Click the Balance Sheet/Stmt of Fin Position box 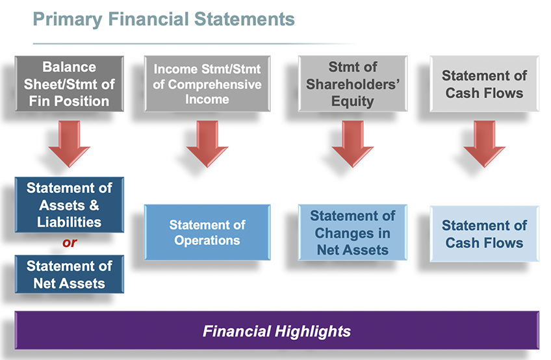pyautogui.click(x=70, y=84)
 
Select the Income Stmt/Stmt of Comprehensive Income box pyautogui.click(x=207, y=84)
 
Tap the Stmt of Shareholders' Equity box pyautogui.click(x=353, y=84)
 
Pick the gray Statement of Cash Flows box pyautogui.click(x=484, y=84)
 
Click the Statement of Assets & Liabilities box pyautogui.click(x=70, y=205)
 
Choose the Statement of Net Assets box pyautogui.click(x=70, y=274)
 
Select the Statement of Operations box pyautogui.click(x=207, y=233)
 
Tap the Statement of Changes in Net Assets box pyautogui.click(x=353, y=233)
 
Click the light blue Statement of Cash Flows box pyautogui.click(x=484, y=234)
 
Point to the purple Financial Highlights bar pyautogui.click(x=277, y=330)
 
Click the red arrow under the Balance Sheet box pyautogui.click(x=70, y=144)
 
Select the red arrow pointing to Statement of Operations pyautogui.click(x=207, y=144)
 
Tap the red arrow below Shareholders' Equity pyautogui.click(x=353, y=144)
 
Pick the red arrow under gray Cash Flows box pyautogui.click(x=484, y=144)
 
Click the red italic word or pyautogui.click(x=70, y=242)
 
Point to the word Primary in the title pyautogui.click(x=68, y=19)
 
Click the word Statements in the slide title pyautogui.click(x=244, y=19)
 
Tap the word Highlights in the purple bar pyautogui.click(x=313, y=331)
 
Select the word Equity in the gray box pyautogui.click(x=353, y=101)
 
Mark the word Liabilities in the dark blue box pyautogui.click(x=70, y=222)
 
